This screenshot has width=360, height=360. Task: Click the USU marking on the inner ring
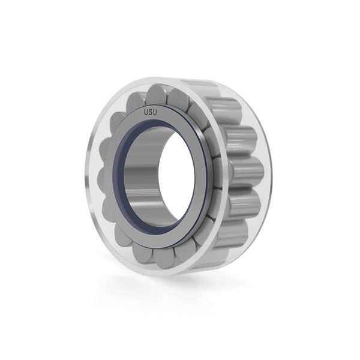pyautogui.click(x=151, y=113)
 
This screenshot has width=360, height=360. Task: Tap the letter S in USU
pyautogui.click(x=151, y=113)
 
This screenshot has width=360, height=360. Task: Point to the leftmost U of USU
pyautogui.click(x=146, y=112)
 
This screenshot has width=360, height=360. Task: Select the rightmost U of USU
pyautogui.click(x=155, y=113)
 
